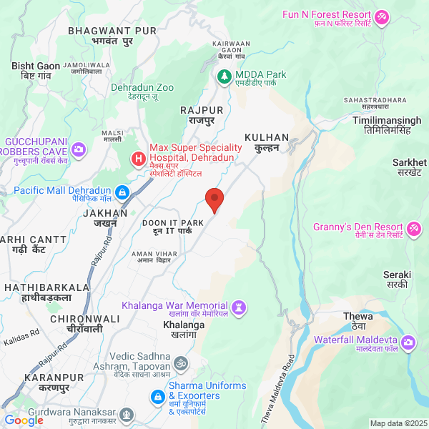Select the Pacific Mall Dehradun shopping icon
(122, 192)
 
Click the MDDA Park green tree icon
(225, 75)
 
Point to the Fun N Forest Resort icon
(383, 15)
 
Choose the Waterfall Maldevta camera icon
(408, 342)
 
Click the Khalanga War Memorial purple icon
(240, 307)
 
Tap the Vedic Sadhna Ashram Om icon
(182, 362)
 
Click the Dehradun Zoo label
(142, 88)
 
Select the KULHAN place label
(266, 137)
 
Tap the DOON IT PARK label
(172, 223)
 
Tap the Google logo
(24, 420)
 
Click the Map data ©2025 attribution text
(398, 423)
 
